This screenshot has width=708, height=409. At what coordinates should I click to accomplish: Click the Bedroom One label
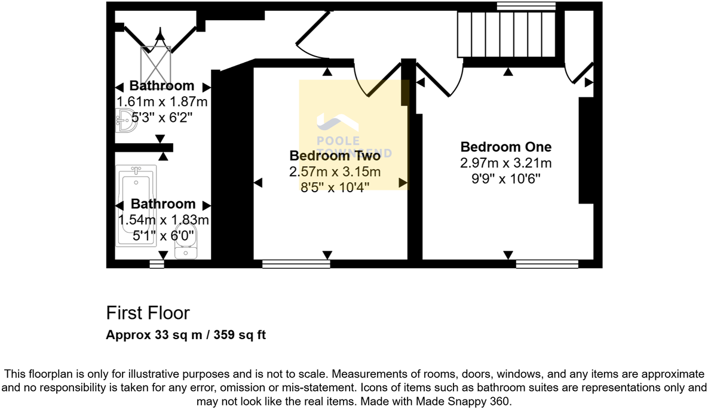(505, 147)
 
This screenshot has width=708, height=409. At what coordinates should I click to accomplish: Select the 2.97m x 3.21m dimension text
(505, 163)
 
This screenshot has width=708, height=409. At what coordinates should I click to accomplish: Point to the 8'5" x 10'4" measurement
(335, 187)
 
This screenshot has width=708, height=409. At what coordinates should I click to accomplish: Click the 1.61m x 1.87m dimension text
(162, 102)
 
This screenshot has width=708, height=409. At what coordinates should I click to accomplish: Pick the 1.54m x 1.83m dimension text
(163, 220)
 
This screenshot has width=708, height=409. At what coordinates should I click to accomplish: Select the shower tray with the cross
(156, 65)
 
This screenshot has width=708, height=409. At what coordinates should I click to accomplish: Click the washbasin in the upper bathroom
(125, 121)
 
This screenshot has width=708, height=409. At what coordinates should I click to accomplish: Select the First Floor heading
(148, 313)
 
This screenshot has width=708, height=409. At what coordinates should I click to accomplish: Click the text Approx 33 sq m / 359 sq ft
(185, 335)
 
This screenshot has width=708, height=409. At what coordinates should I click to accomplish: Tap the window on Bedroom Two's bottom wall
(296, 264)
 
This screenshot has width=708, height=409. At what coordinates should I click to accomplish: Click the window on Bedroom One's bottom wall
(547, 264)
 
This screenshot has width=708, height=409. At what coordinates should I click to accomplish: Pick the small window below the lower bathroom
(157, 264)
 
